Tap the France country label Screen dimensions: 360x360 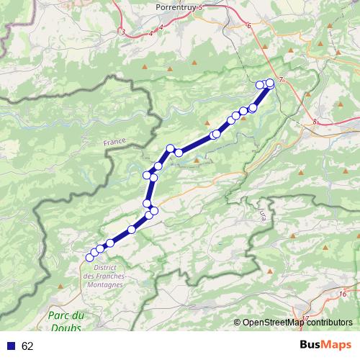tap(114, 143)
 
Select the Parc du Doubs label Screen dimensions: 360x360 tap(66, 322)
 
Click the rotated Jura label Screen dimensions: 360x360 tap(260, 212)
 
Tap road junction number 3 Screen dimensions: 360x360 tap(123, 32)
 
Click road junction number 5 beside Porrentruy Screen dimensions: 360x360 tap(201, 7)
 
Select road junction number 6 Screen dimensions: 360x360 tap(248, 26)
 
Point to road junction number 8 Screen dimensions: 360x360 tap(315, 122)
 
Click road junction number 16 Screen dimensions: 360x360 tap(343, 294)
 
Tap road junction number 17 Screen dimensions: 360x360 tap(305, 318)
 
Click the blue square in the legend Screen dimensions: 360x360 tap(12, 346)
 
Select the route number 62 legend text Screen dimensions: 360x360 tap(27, 346)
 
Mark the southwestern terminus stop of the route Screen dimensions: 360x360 tap(90, 257)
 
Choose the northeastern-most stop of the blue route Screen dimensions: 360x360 tap(271, 83)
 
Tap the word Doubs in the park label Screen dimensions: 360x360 tap(66, 328)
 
